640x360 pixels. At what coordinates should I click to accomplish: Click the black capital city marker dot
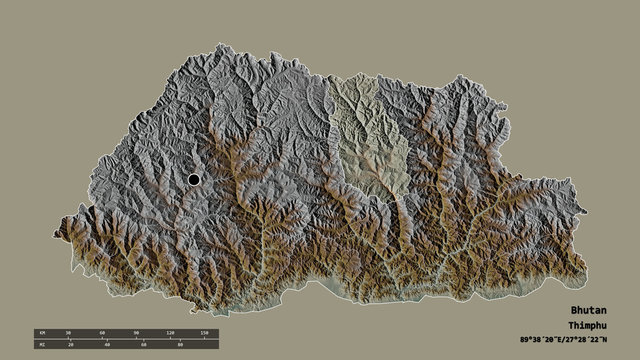(x=193, y=179)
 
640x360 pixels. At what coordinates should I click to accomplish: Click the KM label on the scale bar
(x=42, y=331)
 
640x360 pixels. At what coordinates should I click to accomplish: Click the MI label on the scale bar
(x=42, y=345)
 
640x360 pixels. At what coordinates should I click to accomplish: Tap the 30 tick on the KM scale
(x=69, y=331)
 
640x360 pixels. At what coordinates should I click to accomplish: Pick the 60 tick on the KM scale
(x=102, y=331)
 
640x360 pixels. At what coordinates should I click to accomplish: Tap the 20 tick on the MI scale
(x=70, y=345)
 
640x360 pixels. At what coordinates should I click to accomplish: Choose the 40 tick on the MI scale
(x=105, y=345)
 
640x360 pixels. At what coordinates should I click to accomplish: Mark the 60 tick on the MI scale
(x=141, y=345)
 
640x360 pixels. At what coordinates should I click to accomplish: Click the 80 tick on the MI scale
(x=176, y=345)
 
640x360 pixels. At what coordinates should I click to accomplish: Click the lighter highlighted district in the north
(x=368, y=135)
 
